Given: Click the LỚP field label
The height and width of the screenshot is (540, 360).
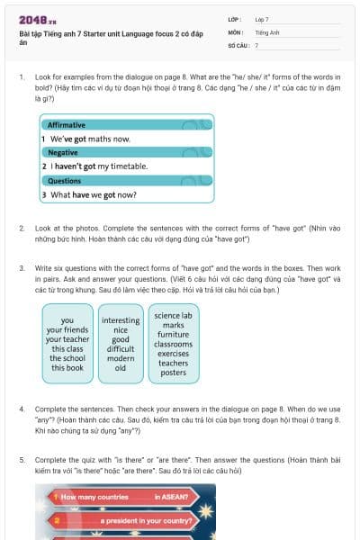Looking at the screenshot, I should pos(234,19).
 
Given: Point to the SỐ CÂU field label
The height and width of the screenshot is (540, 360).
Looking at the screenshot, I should pos(238,44).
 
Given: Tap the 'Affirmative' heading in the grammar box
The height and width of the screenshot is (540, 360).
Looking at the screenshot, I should pos(67,124).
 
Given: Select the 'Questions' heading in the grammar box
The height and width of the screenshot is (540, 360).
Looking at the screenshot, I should pos(64,180).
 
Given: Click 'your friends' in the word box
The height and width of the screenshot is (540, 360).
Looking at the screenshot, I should pos(67,329).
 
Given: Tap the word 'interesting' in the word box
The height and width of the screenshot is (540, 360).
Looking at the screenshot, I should pos(121,320).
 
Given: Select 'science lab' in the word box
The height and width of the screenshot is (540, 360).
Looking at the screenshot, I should pos(173,316).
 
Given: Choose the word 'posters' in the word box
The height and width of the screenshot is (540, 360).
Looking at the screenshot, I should pos(173,373).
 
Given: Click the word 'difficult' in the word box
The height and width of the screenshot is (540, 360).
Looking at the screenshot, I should pos(121,349).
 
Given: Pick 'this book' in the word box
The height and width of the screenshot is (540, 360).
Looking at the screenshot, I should pos(67,368).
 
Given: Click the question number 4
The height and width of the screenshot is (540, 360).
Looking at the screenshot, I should pos(22,409).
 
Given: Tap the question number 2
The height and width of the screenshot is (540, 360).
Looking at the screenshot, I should pos(22,229).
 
